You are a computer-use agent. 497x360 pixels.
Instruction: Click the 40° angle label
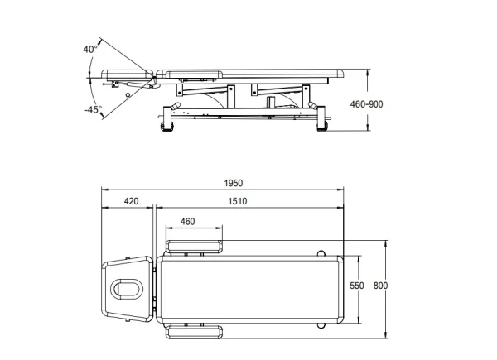90,49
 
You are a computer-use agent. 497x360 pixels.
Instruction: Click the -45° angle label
93,110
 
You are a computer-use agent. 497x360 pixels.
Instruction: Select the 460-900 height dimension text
366,104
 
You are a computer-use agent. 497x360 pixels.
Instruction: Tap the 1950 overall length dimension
234,183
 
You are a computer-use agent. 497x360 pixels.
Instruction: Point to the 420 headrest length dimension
131,201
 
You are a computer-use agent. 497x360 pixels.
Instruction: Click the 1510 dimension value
238,201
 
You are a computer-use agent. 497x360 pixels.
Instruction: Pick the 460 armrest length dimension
188,221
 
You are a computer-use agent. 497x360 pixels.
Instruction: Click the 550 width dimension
356,286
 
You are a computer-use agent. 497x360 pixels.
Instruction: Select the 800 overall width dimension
380,286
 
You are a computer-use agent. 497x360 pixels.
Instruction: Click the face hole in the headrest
127,289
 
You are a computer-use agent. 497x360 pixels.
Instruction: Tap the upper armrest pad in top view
194,247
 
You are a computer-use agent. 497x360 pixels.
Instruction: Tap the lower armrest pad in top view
194,332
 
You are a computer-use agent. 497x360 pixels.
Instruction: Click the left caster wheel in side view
167,126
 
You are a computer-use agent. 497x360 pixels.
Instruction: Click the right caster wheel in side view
321,126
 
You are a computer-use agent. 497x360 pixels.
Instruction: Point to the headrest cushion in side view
128,75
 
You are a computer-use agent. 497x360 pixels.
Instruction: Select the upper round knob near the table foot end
321,253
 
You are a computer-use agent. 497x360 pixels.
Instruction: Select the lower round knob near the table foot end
321,325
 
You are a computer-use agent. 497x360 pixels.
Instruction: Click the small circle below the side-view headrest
128,95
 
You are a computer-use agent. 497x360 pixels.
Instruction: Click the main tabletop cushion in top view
250,290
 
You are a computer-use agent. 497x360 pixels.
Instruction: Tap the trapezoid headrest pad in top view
128,289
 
